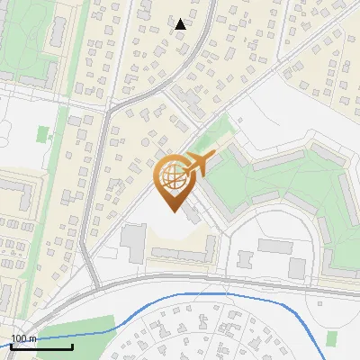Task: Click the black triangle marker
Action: (x=181, y=24)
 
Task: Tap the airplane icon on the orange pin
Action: (x=195, y=165)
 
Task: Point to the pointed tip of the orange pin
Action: (x=173, y=211)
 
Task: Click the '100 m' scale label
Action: (x=23, y=338)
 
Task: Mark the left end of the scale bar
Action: (x=11, y=346)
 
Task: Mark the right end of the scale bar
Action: (x=72, y=346)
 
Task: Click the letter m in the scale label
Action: (x=32, y=338)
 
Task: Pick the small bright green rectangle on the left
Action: (x=42, y=133)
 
